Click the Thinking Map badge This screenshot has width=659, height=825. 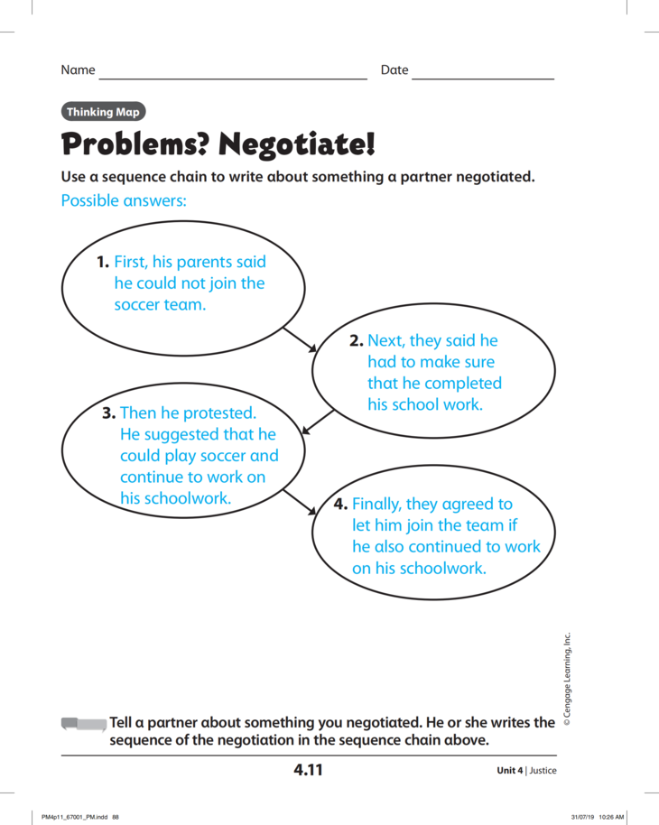pos(103,112)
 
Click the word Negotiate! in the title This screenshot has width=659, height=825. pos(297,144)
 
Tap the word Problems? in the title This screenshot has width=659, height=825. pos(135,144)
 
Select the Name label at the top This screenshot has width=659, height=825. pos(78,70)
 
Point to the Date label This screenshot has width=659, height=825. pos(394,70)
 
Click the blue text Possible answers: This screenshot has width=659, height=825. pos(124,200)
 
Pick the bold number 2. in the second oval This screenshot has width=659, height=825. pos(356,340)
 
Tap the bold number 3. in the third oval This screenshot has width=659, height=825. pos(109,413)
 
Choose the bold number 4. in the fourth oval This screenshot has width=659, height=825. pos(340,504)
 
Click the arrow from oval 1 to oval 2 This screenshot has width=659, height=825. pos(300,339)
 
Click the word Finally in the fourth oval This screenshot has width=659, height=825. pos(381,504)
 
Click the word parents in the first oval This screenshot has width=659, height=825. pos(204,262)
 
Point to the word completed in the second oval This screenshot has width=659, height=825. pos(463,383)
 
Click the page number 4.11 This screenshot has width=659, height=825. pos(308,770)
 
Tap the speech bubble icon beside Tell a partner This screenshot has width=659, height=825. pos(83,724)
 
